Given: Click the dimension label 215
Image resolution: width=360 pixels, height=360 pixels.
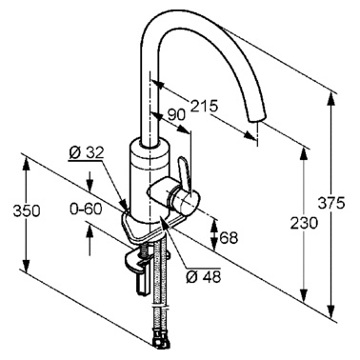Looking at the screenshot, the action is [x=204, y=106].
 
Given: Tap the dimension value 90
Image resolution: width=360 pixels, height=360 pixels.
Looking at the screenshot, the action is [x=176, y=115].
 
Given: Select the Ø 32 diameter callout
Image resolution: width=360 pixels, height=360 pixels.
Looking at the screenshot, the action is [x=87, y=153].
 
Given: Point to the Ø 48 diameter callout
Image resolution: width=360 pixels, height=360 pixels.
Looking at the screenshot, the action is [x=203, y=277].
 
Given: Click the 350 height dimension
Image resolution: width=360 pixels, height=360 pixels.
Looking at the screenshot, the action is [x=27, y=211].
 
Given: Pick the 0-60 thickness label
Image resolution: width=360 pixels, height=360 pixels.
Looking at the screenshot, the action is [x=86, y=210].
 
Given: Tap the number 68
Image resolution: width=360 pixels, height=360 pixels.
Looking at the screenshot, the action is [x=229, y=237].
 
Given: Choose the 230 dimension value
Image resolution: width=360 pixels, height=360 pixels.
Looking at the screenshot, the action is [x=304, y=224].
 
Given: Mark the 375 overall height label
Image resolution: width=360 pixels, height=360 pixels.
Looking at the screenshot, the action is [x=331, y=203].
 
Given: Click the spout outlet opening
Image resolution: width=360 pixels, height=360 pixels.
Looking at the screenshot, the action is [x=255, y=118].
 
